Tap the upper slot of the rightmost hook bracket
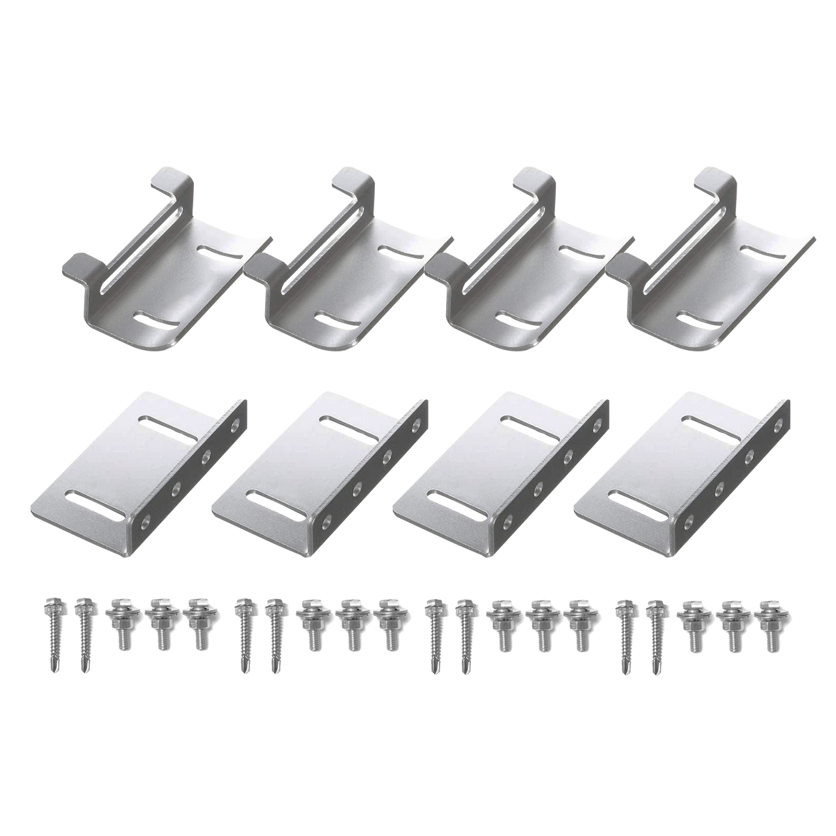point(758,251)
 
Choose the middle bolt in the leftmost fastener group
point(157,626)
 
